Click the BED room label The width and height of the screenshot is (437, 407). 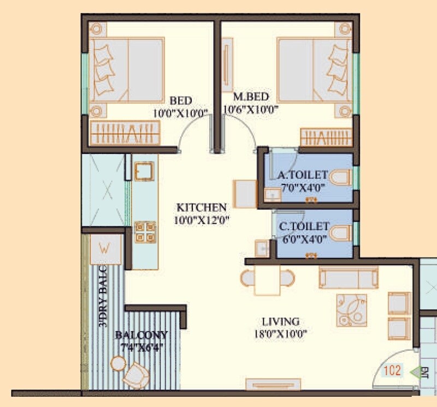tap(180, 101)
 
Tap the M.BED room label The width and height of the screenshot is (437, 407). tap(251, 97)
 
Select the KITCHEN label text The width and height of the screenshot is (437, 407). tap(201, 208)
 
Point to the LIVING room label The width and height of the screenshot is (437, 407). tap(280, 321)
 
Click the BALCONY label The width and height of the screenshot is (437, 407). tap(141, 335)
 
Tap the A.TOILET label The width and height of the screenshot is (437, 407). tap(303, 175)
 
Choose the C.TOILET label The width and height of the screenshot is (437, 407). tap(304, 226)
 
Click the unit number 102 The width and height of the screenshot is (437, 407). tap(392, 372)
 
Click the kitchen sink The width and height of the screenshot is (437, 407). tap(144, 171)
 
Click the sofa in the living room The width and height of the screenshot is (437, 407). tap(347, 278)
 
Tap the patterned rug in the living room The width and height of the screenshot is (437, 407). tap(352, 309)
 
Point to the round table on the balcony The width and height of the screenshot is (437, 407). tap(117, 362)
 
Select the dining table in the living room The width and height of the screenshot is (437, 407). tap(267, 280)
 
